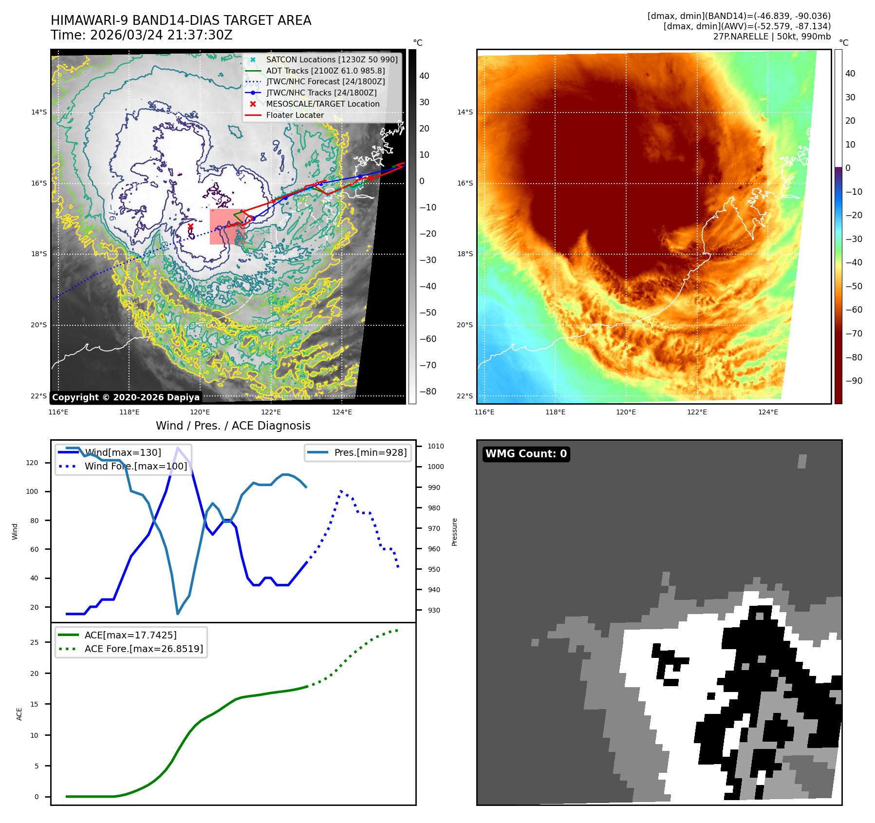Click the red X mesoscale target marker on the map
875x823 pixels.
[190, 226]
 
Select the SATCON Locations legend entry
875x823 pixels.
[331, 59]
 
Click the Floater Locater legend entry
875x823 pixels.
[295, 115]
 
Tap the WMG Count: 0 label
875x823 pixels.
[526, 454]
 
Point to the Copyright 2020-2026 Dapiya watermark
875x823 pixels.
[126, 397]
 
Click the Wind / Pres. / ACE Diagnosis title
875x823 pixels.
[233, 426]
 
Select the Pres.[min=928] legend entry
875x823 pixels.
[370, 452]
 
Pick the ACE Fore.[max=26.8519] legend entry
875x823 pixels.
[143, 649]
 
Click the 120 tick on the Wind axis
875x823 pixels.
[32, 463]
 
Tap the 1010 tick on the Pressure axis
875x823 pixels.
[436, 446]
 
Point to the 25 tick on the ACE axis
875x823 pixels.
[34, 642]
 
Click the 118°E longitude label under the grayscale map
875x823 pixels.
[129, 412]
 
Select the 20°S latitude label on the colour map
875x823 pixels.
[465, 325]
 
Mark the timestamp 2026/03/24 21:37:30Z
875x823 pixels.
[161, 36]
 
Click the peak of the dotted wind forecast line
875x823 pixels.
[341, 491]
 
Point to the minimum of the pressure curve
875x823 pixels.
[178, 614]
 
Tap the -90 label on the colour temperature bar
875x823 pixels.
[854, 381]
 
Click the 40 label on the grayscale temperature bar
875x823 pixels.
[424, 76]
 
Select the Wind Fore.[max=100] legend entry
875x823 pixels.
[135, 466]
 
